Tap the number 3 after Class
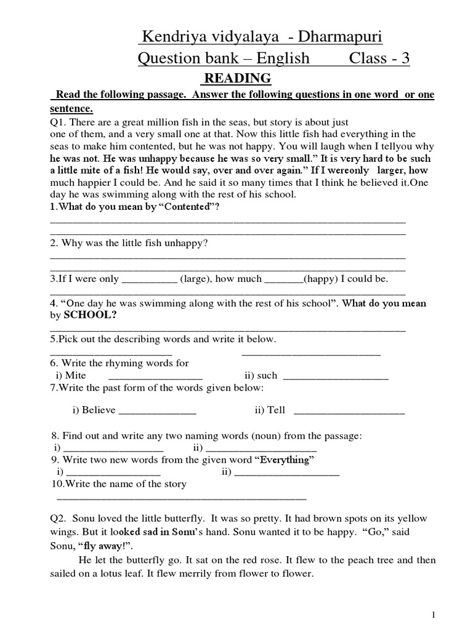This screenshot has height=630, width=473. click(405, 58)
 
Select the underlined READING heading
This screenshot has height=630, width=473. click(237, 78)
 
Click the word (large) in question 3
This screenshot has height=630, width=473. click(196, 279)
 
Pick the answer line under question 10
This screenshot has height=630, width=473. click(181, 498)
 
